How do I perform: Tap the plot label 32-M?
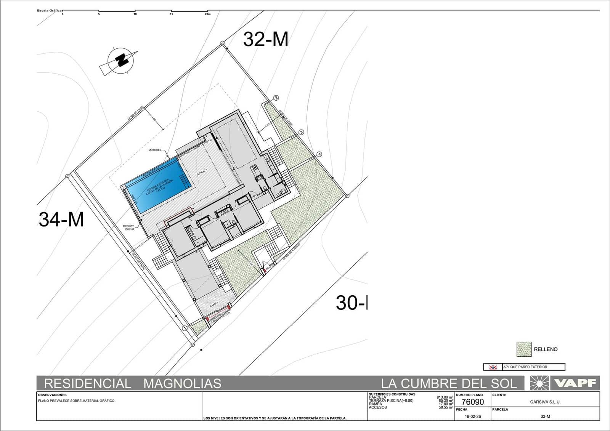pos(266,39)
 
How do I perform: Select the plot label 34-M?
pos(61,220)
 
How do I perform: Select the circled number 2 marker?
pos(276,98)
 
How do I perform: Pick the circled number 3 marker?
pos(301,132)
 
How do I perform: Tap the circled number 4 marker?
pos(319,154)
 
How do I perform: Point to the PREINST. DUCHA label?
pos(129,228)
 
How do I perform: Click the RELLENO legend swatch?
pos(524,349)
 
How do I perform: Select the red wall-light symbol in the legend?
pos(493,367)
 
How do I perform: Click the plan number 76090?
pos(472,402)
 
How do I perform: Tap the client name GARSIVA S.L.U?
pos(545,402)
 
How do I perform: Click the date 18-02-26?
pos(473,417)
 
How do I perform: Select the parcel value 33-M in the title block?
pos(545,417)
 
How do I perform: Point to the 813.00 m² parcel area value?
pos(445,397)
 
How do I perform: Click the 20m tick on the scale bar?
pos(207,14)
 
